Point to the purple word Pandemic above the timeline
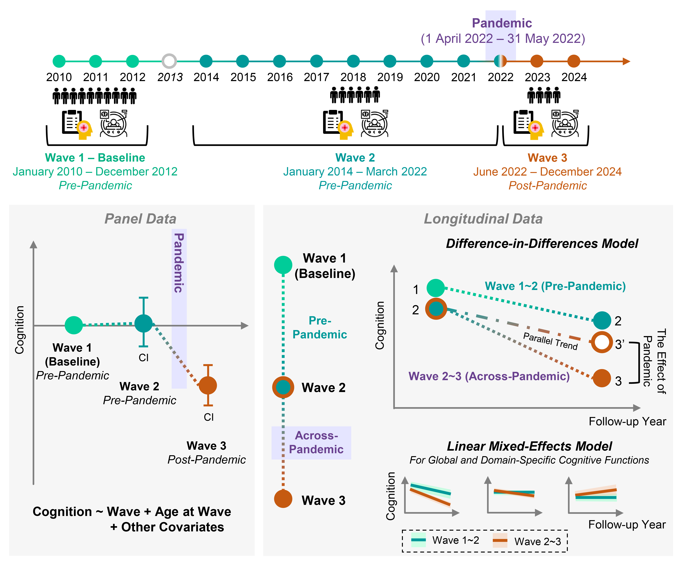[502, 23]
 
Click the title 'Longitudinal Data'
[483, 219]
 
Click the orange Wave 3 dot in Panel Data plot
[208, 385]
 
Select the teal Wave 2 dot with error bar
[143, 323]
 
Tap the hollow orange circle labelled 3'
[602, 342]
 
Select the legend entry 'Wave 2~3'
[537, 541]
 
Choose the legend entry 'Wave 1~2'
[455, 540]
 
